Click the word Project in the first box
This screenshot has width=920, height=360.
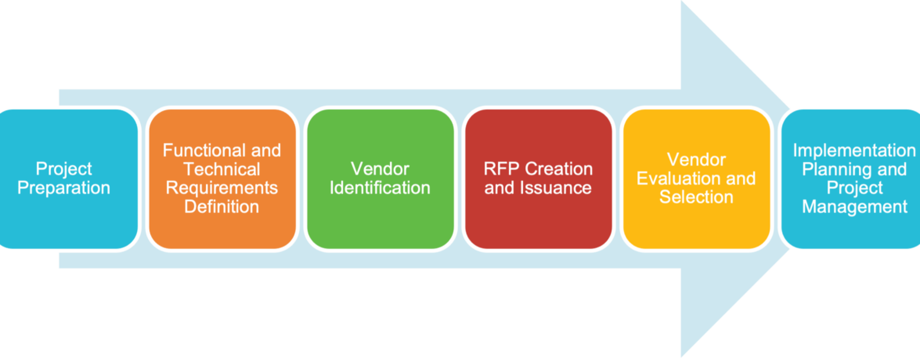click(64, 169)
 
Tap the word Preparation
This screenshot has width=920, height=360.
click(64, 188)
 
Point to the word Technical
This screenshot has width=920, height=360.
click(222, 169)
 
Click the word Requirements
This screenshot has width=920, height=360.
click(222, 188)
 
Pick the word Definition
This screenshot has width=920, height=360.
click(222, 207)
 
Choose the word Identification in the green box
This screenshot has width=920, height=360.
click(380, 188)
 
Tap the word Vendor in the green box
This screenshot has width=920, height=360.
click(380, 169)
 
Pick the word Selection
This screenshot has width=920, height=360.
click(696, 197)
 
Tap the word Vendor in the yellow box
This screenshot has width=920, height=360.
click(696, 160)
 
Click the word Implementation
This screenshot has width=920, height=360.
click(853, 150)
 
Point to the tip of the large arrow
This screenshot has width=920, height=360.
click(791, 178)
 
